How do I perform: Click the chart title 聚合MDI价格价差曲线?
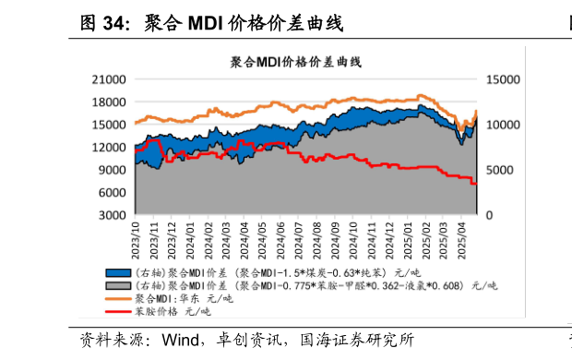295,63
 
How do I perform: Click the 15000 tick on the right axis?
503,79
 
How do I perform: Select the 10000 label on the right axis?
503,125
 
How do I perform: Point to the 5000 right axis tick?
500,170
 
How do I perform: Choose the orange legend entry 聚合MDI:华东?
185,299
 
